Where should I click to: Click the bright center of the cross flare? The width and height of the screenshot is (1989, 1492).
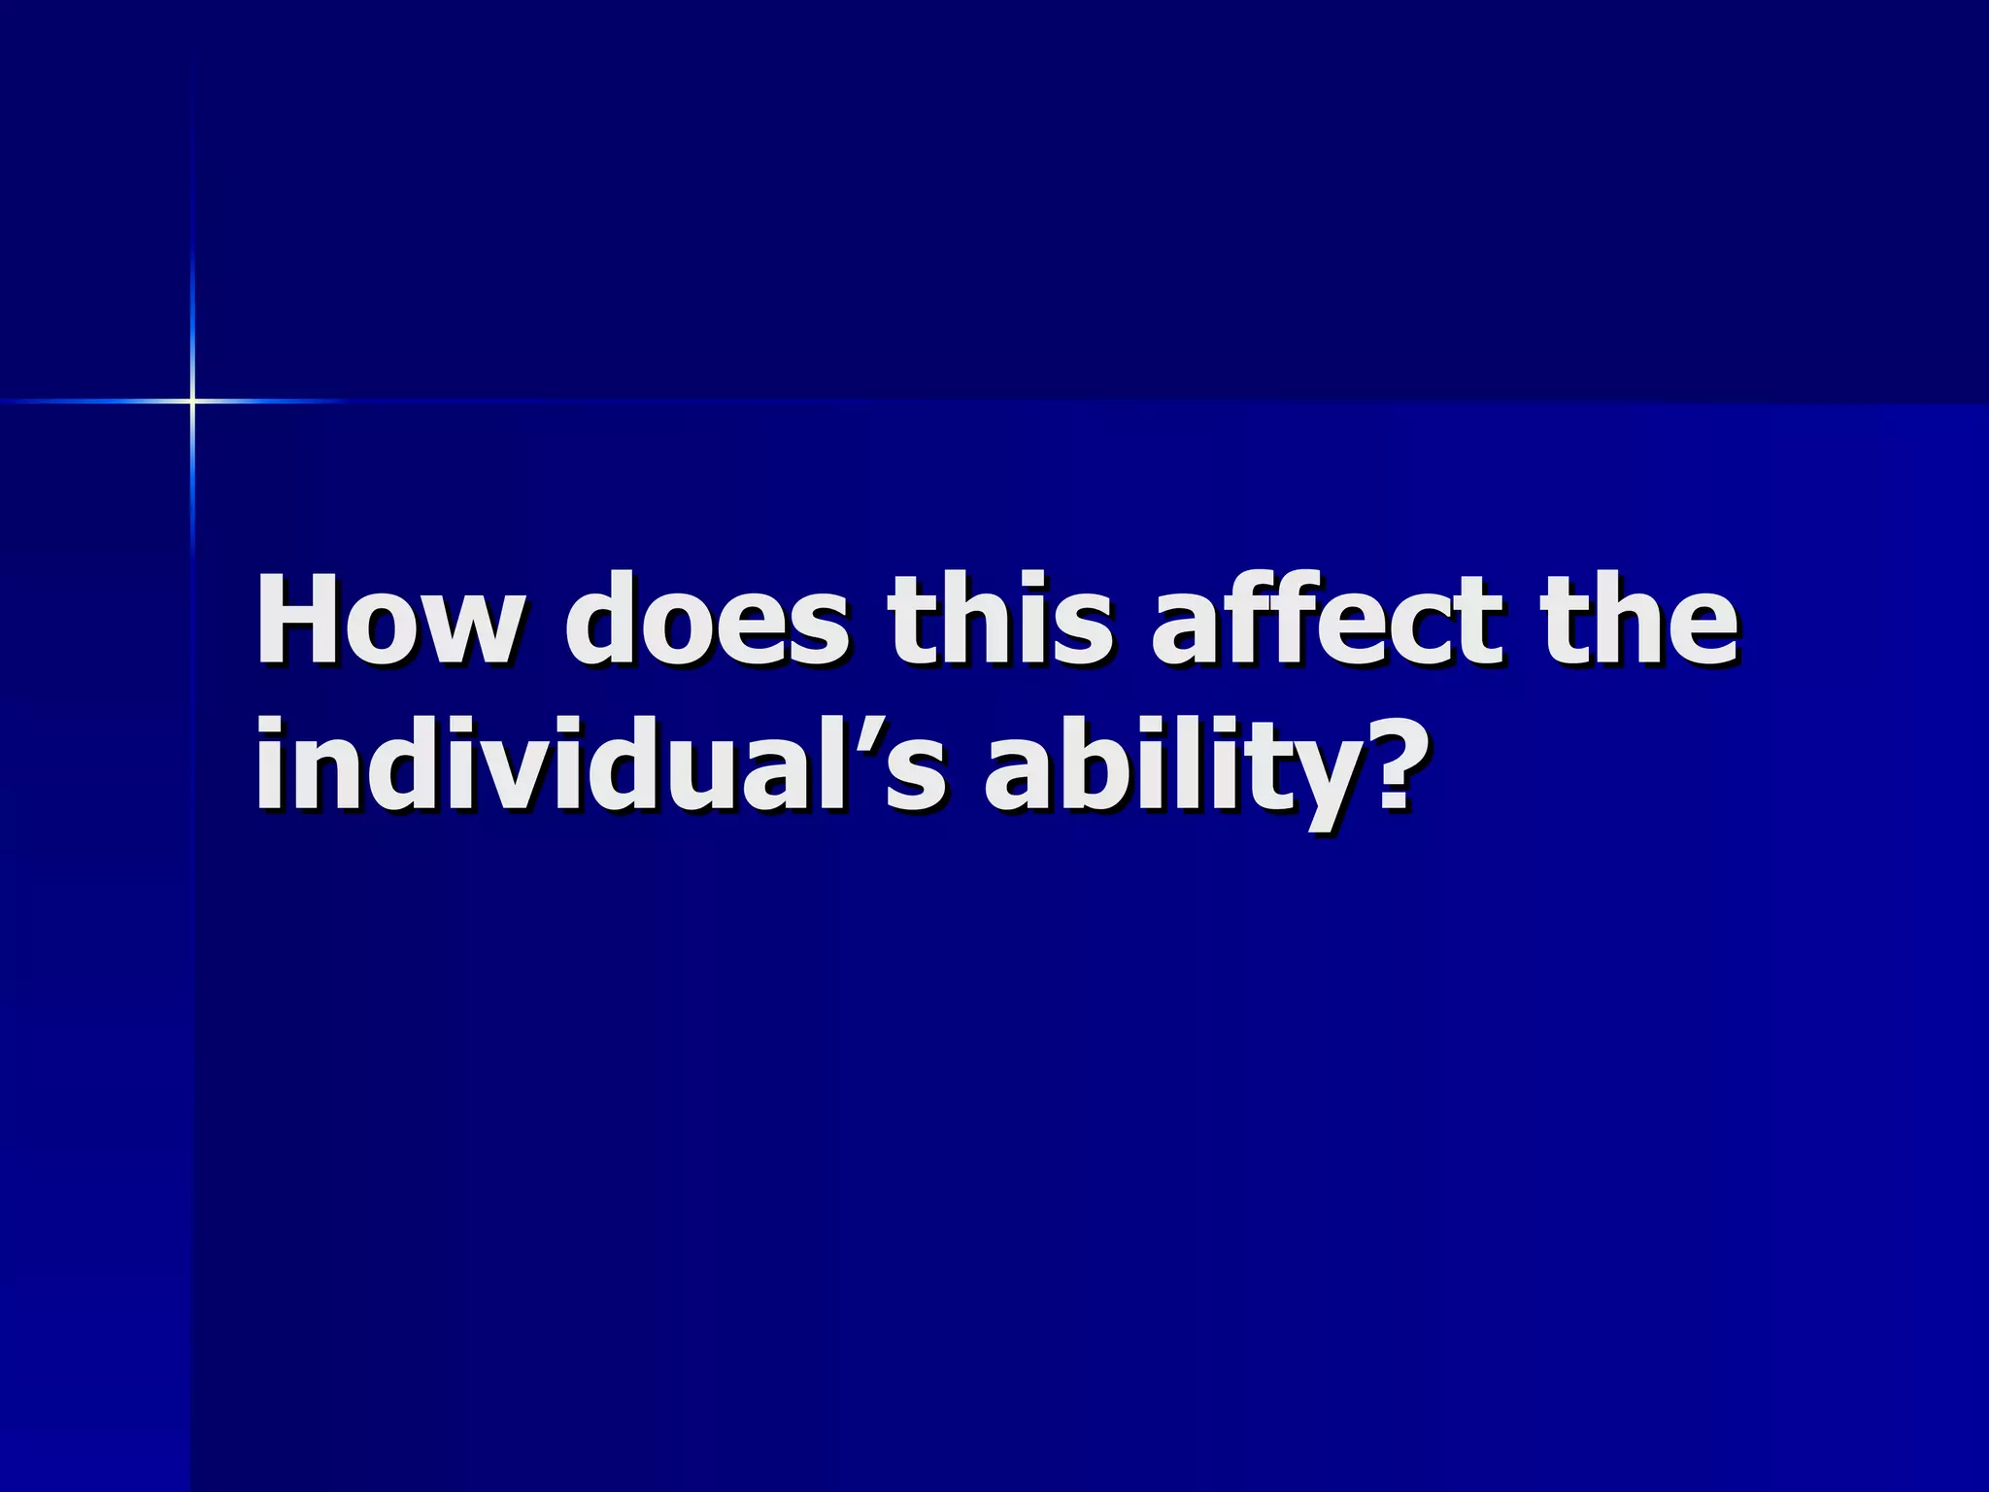tap(192, 400)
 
